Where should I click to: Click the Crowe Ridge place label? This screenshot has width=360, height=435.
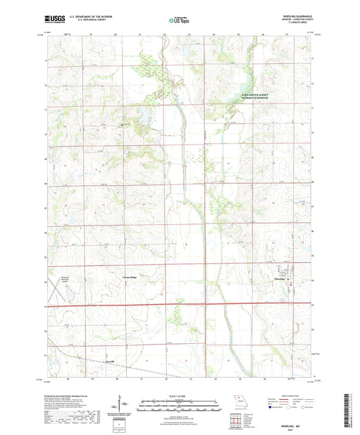click(130, 278)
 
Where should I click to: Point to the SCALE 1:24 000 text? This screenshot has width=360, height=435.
click(180, 396)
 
